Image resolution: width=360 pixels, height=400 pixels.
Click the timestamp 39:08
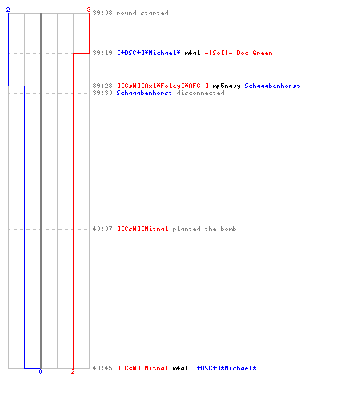(x=102, y=13)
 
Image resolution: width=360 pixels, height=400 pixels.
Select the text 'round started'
(x=142, y=13)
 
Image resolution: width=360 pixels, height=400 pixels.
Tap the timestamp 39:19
(x=102, y=53)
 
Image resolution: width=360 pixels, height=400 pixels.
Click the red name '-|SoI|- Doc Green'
(x=238, y=53)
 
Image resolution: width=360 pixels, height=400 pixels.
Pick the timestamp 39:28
(x=102, y=86)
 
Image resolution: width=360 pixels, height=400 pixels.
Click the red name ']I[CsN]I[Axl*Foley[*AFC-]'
(x=162, y=86)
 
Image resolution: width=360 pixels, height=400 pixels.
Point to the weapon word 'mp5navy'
(x=226, y=86)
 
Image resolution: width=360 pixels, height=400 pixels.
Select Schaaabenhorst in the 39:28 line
(x=272, y=86)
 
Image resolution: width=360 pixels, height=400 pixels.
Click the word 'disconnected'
(x=200, y=93)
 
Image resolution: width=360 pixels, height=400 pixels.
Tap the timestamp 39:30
(x=102, y=93)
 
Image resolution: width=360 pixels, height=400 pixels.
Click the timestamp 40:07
(x=102, y=229)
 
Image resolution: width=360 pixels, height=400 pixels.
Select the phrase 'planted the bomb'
(x=204, y=229)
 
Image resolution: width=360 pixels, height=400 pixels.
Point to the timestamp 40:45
(x=102, y=368)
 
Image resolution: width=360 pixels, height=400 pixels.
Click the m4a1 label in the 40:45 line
(x=180, y=368)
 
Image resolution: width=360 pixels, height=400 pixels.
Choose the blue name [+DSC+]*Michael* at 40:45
(x=225, y=368)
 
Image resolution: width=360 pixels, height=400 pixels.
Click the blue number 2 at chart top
(x=8, y=10)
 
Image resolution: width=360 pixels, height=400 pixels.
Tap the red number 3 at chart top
(x=89, y=10)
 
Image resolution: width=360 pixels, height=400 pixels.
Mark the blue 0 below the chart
(x=40, y=371)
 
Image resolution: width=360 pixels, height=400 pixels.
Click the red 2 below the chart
(x=73, y=371)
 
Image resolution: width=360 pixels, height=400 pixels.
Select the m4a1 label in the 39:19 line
(x=192, y=53)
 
